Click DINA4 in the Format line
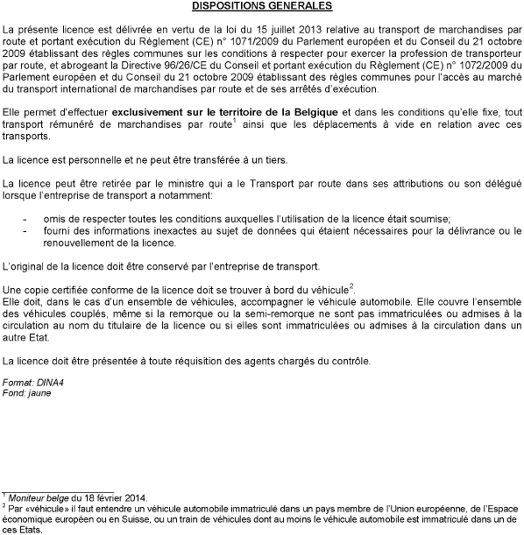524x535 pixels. tap(47, 382)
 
